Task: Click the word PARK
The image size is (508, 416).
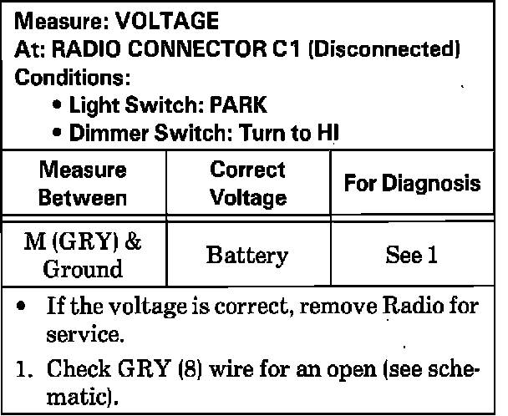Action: pos(238,105)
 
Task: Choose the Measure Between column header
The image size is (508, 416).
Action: pos(84,184)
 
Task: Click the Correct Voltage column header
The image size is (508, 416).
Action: pos(247,184)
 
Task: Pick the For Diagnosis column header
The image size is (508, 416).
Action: pos(414,183)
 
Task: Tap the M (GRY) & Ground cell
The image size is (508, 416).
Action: pos(84,255)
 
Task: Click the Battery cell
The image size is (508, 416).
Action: pos(247,255)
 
